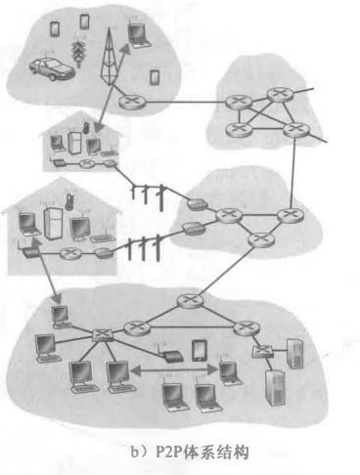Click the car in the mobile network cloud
48,69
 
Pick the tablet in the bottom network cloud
199,349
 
